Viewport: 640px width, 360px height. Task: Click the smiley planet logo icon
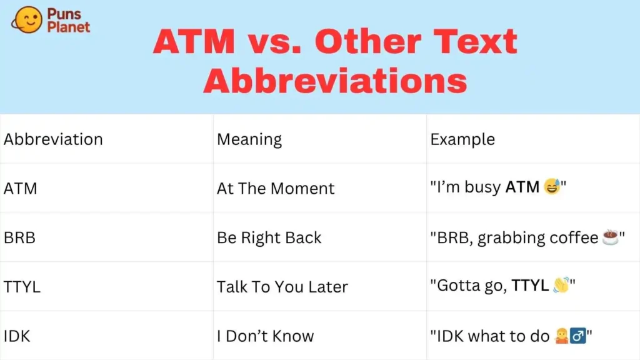27,20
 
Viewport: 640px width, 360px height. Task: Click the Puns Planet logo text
69,20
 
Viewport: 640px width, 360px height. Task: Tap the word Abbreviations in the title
335,81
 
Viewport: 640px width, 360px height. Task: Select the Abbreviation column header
53,139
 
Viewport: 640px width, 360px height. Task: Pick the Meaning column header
249,139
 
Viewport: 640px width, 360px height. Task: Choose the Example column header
462,139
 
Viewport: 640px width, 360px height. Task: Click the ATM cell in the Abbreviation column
21,188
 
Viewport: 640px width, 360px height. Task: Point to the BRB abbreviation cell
20,237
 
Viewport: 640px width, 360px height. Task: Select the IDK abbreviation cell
17,336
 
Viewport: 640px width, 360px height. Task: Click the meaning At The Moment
276,188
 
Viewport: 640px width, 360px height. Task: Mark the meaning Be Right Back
269,237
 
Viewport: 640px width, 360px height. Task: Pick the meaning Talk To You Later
282,287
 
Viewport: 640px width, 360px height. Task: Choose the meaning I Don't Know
265,336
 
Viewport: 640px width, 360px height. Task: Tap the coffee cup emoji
610,237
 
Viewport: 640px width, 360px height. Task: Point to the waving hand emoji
561,286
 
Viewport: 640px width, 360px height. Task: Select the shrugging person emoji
562,336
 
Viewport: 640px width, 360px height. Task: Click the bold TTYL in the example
530,286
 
